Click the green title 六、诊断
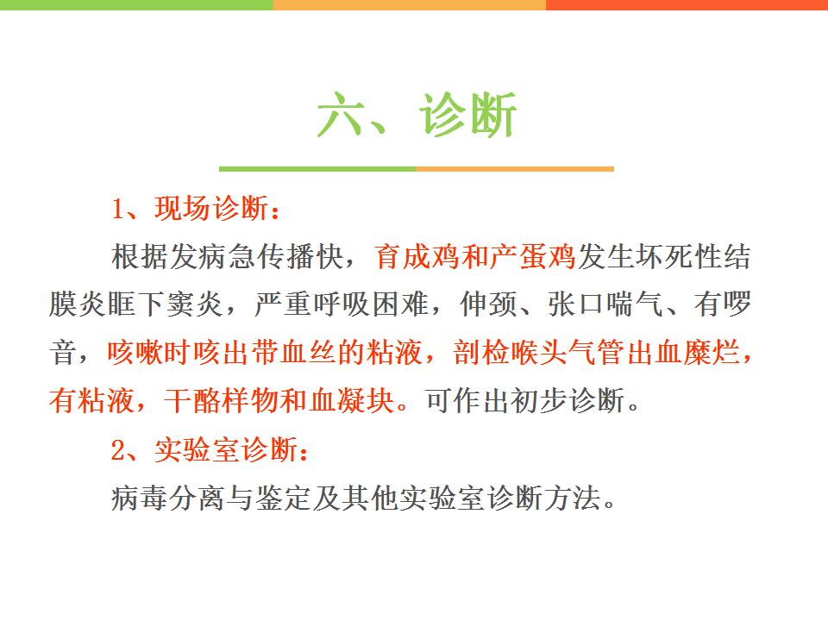pyautogui.click(x=416, y=115)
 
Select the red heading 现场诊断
pyautogui.click(x=211, y=208)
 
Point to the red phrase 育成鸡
pyautogui.click(x=417, y=257)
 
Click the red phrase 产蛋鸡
pyautogui.click(x=533, y=257)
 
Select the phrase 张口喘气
pyautogui.click(x=605, y=304)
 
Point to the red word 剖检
pyautogui.click(x=480, y=352)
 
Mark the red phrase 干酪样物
pyautogui.click(x=221, y=400)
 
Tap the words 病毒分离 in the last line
pyautogui.click(x=168, y=498)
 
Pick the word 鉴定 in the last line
pyautogui.click(x=284, y=498)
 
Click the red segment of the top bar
pyautogui.click(x=687, y=5)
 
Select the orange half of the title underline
pyautogui.click(x=515, y=169)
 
